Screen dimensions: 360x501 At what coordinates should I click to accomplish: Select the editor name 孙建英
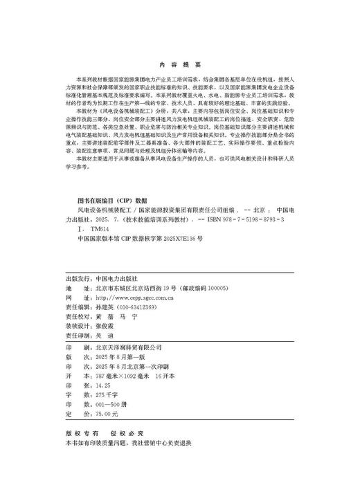click(103, 286)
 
